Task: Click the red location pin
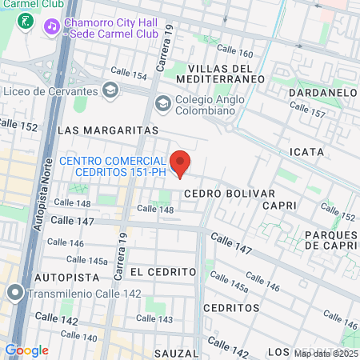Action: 180,162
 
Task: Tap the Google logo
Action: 26,350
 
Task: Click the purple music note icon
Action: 52,26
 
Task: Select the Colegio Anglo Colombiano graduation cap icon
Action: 163,103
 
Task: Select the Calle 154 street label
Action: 128,74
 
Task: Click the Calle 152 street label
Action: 18,126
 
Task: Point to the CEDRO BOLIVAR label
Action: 229,194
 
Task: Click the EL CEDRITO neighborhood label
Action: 162,272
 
